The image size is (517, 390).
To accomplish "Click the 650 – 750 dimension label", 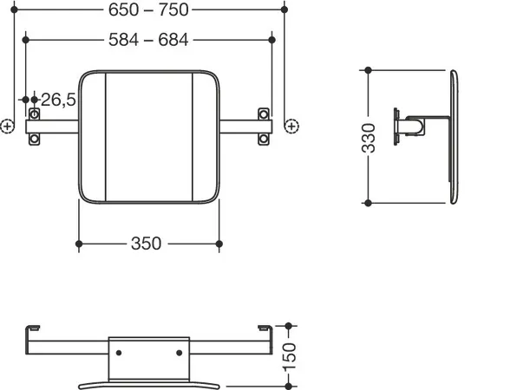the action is click(x=148, y=10).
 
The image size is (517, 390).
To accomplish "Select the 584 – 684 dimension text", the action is click(x=148, y=40).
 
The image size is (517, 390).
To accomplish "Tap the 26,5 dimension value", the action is click(x=58, y=100).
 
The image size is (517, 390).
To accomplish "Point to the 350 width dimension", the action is click(x=146, y=244).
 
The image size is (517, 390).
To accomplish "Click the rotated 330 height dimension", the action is click(x=369, y=138).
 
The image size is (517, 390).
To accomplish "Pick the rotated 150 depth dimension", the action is click(x=290, y=357).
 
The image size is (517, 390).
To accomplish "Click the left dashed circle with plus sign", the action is click(x=7, y=127).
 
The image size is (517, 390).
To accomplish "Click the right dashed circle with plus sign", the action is click(x=291, y=126).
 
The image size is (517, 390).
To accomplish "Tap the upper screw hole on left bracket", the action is click(x=35, y=114).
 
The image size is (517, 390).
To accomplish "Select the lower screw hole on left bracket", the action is click(x=35, y=139).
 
